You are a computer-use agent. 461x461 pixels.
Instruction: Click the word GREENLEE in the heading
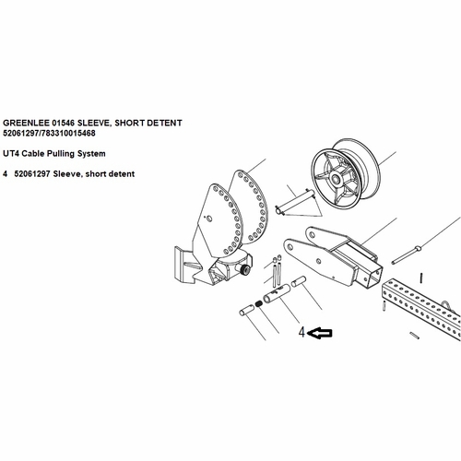[26, 123]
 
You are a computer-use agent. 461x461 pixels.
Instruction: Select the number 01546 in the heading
[64, 123]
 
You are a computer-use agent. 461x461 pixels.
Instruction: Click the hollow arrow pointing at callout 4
[320, 333]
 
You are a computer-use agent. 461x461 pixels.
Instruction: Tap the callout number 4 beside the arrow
[302, 332]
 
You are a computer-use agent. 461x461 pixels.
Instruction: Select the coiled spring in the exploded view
[259, 304]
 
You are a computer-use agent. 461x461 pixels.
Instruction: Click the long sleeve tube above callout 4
[277, 293]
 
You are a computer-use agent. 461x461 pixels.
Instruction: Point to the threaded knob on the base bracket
[244, 269]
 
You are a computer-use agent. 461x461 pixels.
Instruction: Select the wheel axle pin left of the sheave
[295, 201]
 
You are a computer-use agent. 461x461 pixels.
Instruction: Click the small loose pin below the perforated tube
[415, 336]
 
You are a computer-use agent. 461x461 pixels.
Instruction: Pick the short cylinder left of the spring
[246, 309]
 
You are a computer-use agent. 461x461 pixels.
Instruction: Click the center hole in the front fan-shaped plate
[209, 219]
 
